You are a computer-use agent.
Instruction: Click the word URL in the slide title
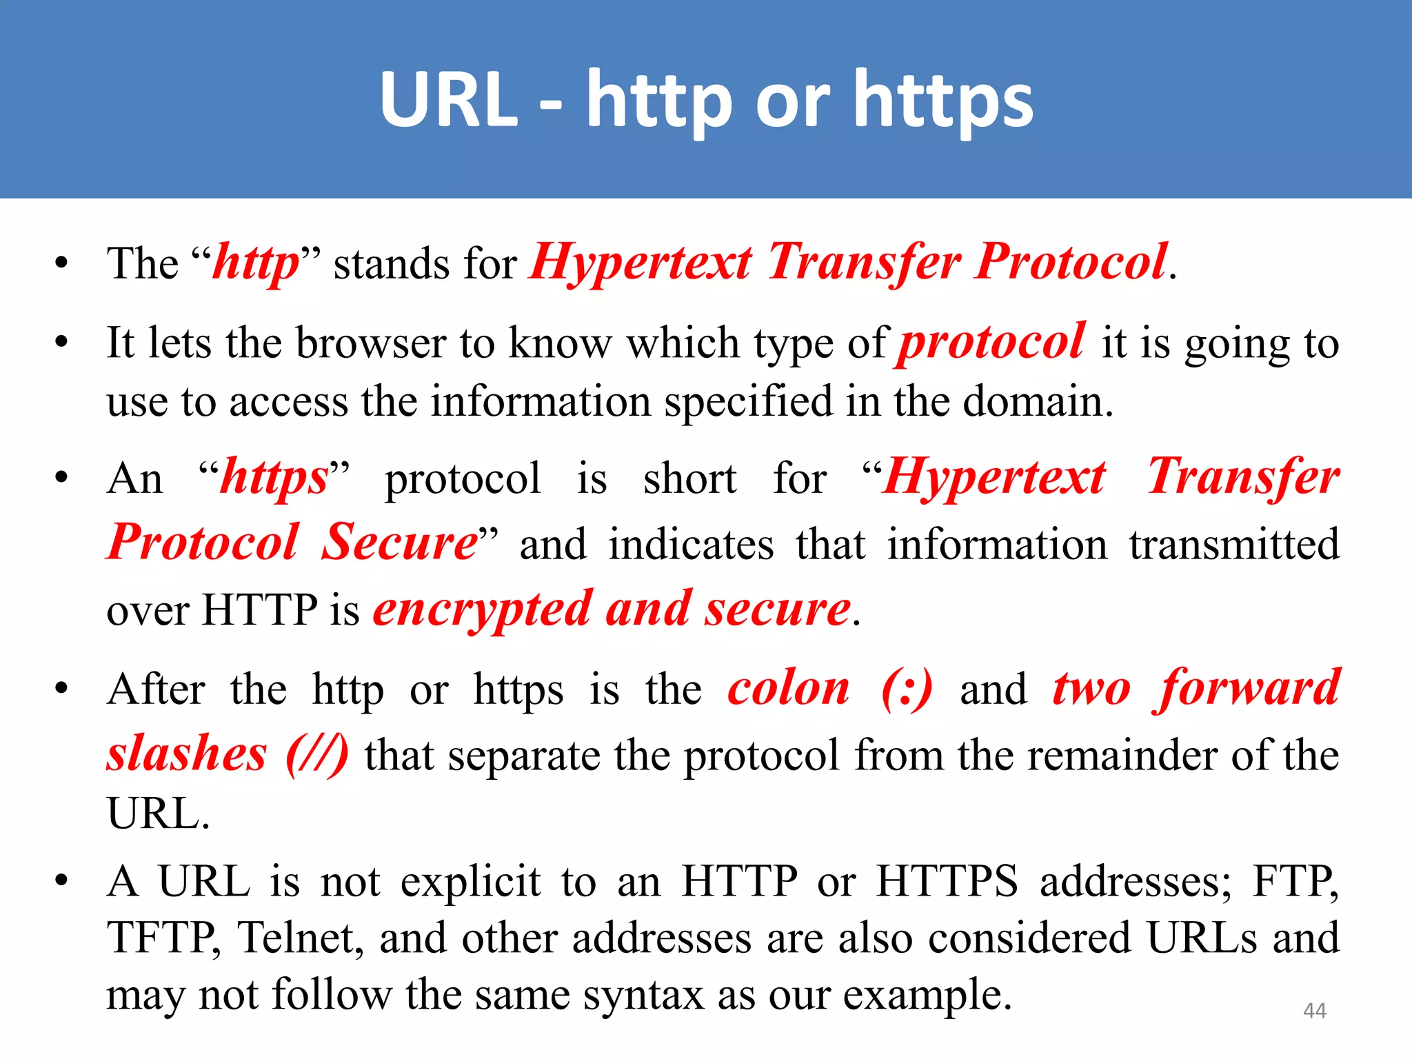coord(448,100)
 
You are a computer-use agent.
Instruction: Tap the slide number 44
coord(1314,1011)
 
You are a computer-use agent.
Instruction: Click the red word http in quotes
coord(256,264)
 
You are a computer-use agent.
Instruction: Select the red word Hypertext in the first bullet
coord(641,264)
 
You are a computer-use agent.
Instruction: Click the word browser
coord(371,343)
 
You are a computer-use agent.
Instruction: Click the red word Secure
coord(399,543)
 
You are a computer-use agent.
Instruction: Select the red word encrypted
coord(483,610)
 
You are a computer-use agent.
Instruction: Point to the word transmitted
coord(1234,545)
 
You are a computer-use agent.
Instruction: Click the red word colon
coord(789,688)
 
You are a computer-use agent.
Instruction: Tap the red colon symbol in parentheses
coord(907,689)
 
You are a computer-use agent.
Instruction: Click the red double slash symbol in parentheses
coord(317,755)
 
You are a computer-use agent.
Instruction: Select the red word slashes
coord(187,754)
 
